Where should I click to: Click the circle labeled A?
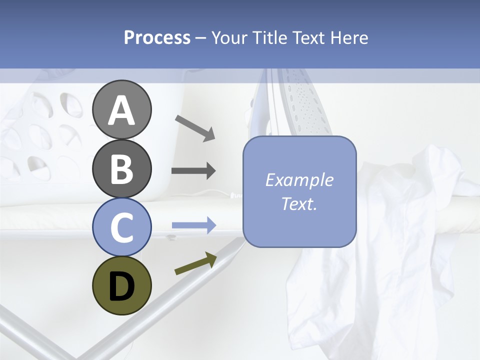[x=121, y=110]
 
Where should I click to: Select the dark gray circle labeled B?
[x=121, y=169]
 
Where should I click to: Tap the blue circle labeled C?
[x=121, y=227]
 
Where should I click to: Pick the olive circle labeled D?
[x=121, y=285]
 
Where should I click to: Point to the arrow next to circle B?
[x=193, y=171]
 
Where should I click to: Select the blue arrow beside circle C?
[x=193, y=225]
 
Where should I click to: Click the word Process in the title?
[x=157, y=37]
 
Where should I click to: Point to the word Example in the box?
[x=299, y=180]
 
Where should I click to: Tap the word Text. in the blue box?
[x=299, y=203]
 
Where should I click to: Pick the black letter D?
[x=121, y=286]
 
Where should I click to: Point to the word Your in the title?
[x=228, y=37]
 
